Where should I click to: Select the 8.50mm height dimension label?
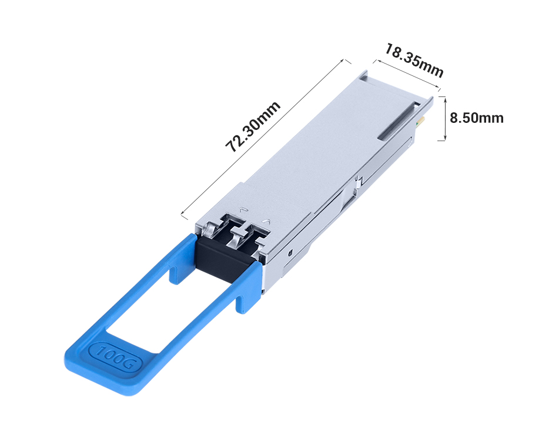[476, 118]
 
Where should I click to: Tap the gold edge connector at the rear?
[421, 122]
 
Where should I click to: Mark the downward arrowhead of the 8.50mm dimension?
[445, 139]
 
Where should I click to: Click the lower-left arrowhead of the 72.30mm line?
[183, 214]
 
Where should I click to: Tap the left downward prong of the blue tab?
[175, 272]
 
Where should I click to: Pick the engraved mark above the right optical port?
[267, 221]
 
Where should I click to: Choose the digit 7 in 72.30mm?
[232, 147]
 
